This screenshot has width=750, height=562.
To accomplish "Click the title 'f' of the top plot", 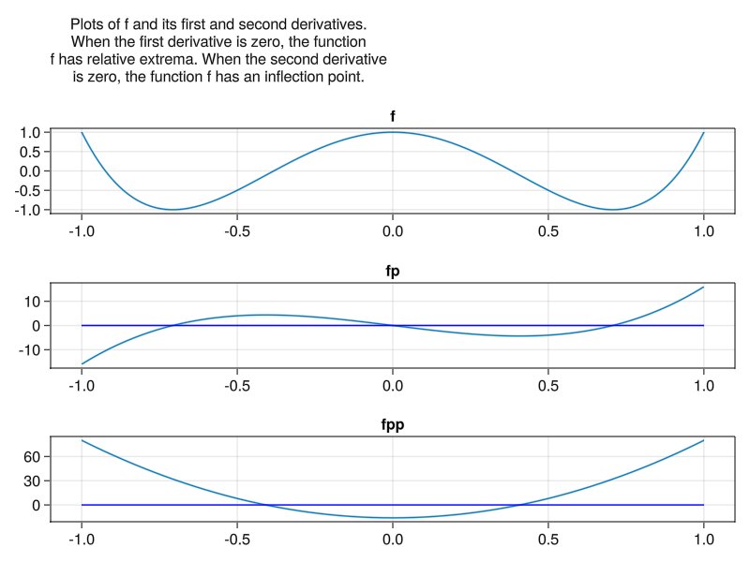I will tap(393, 116).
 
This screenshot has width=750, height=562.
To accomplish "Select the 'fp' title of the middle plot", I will tap(393, 272).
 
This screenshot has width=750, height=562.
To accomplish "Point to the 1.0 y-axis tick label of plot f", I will tap(30, 133).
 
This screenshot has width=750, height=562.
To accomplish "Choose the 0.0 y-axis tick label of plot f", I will tap(30, 171).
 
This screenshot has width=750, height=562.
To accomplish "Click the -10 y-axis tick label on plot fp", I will tap(32, 350).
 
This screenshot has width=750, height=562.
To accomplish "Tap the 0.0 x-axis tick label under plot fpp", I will tap(393, 540).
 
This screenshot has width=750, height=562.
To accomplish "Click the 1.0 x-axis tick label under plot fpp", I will tap(703, 540).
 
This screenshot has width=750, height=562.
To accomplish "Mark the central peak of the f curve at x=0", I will tap(393, 132).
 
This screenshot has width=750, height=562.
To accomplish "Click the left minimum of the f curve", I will tap(172, 210).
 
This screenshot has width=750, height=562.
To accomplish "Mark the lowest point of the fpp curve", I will tap(393, 518).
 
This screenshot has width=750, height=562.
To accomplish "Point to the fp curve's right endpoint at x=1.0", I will tap(703, 288).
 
